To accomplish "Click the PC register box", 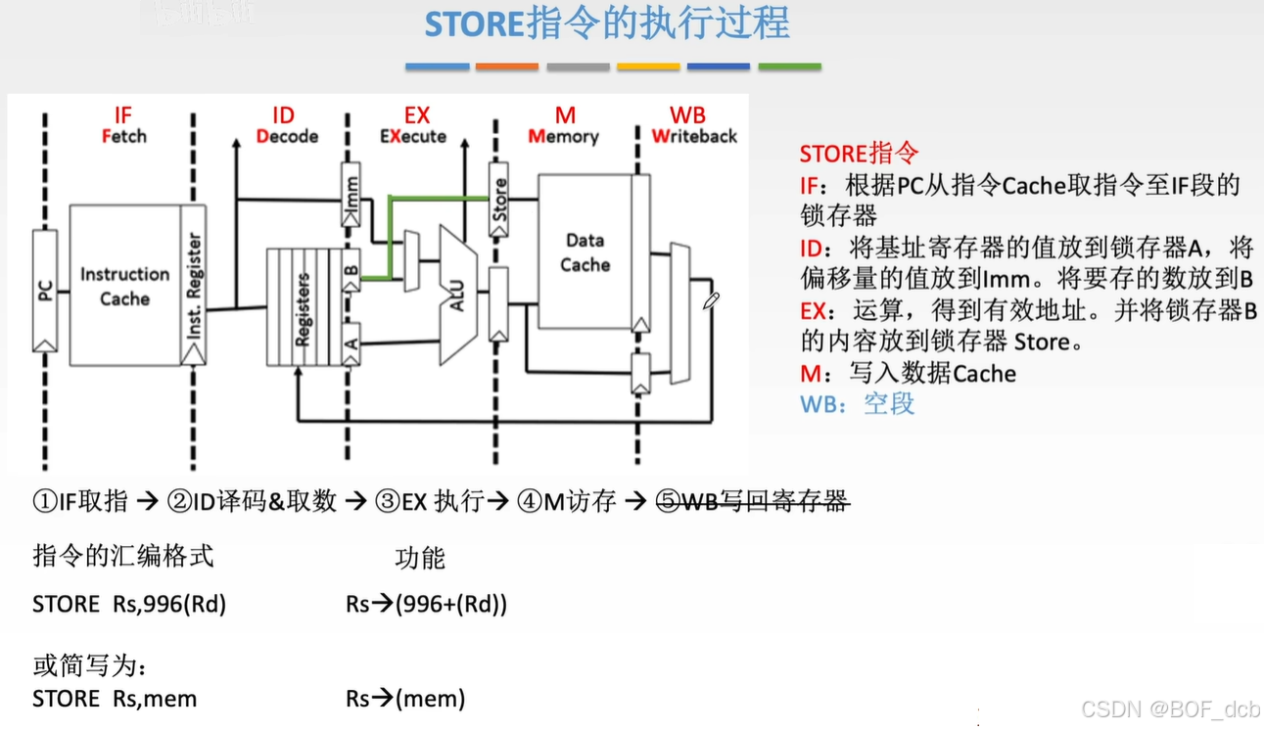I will (45, 291).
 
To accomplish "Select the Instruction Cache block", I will (124, 286).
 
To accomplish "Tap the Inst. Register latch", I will (194, 286).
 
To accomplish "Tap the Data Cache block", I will (585, 251).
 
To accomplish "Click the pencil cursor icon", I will (711, 300).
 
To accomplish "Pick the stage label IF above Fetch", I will (122, 116).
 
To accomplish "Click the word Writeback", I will (694, 137).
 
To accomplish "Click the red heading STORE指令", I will (859, 154).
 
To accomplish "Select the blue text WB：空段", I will (857, 404).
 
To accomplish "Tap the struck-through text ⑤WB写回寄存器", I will (751, 502).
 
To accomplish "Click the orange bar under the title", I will (506, 67).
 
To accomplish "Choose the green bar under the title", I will (789, 67).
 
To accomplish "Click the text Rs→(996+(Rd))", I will (426, 604).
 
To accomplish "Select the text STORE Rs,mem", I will (115, 699).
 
